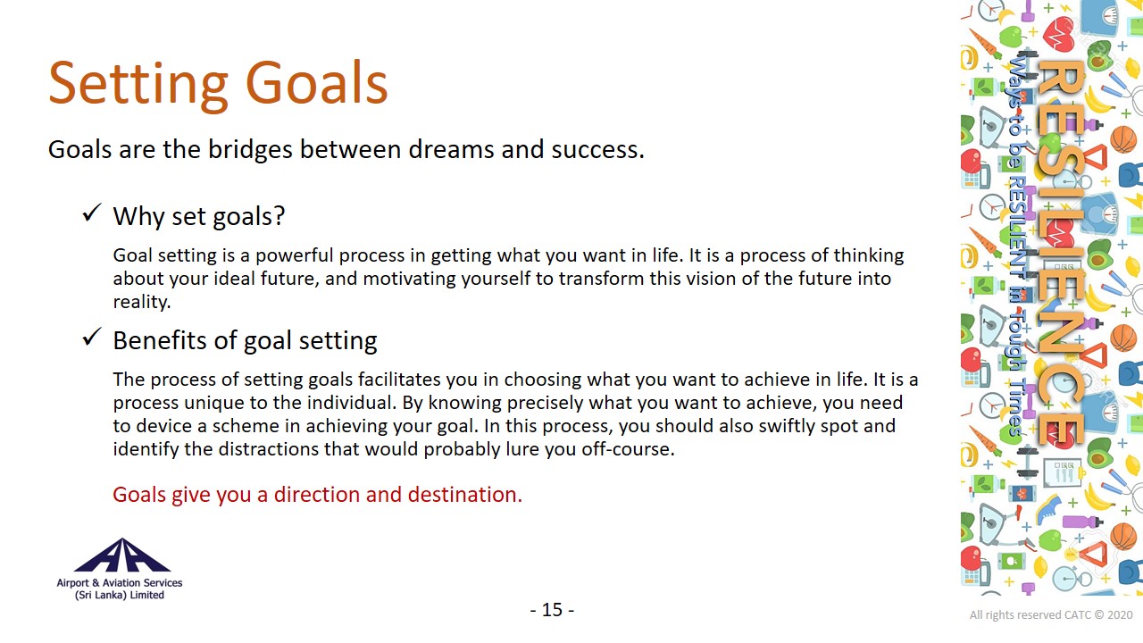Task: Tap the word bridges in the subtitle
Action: (250, 149)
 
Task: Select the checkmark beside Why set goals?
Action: (92, 213)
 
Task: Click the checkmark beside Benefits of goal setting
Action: (92, 337)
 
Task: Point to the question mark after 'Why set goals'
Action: (279, 215)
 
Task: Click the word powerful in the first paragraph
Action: (294, 255)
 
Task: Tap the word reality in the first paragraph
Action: (140, 302)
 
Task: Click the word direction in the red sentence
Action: (317, 495)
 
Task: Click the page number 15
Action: (552, 610)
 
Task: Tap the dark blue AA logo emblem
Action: (122, 555)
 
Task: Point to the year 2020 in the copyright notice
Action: (1120, 615)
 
